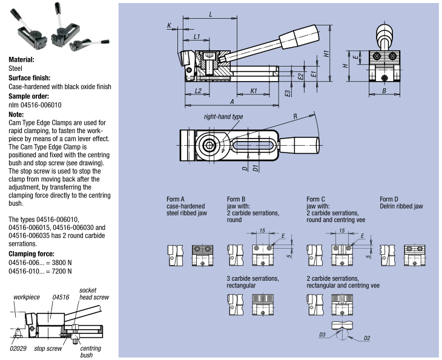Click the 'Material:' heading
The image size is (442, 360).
pos(21,60)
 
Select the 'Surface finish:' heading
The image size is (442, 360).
pos(29,78)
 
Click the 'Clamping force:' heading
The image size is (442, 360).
pos(31,254)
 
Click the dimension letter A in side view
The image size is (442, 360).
pos(233,101)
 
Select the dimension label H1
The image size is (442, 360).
pos(326,53)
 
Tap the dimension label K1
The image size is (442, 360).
pos(254,91)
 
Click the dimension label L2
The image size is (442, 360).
pos(198,91)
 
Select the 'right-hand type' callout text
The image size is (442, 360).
pos(223,116)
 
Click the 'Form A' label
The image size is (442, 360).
pos(176,199)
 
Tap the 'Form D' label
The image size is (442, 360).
pos(389,199)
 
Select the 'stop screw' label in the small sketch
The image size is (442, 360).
pos(47,349)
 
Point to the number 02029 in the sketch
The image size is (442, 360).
pos(18,349)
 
